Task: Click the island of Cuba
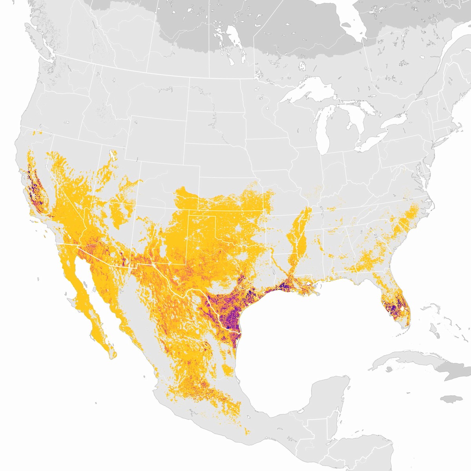click(x=404, y=359)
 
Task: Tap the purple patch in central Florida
click(x=392, y=306)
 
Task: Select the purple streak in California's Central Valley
click(x=35, y=184)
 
